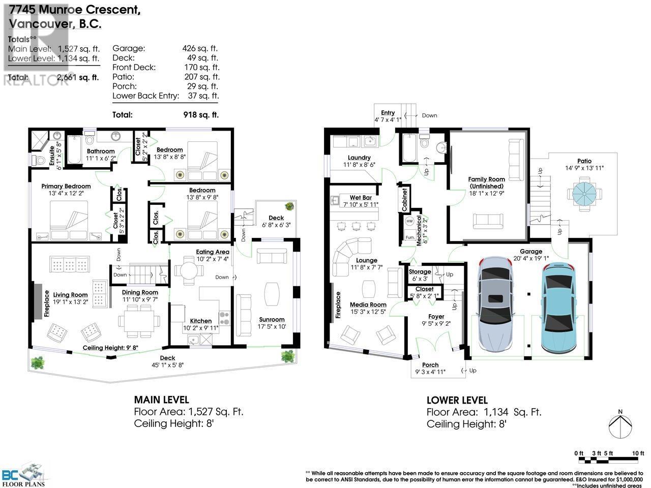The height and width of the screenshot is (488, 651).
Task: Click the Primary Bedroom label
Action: [66, 186]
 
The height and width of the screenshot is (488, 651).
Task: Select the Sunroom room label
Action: [271, 319]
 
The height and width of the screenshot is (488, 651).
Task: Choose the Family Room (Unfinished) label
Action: [486, 182]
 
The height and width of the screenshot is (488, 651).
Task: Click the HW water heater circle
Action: [409, 222]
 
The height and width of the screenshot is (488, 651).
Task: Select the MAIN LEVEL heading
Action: [161, 400]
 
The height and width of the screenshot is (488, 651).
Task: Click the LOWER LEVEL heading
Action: [457, 400]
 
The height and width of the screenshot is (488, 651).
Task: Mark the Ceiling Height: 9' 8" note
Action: [111, 348]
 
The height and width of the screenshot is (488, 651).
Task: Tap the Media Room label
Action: [368, 304]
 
